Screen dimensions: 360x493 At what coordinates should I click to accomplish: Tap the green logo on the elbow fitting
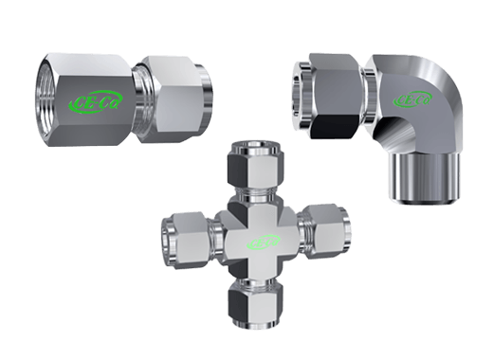[x=414, y=99]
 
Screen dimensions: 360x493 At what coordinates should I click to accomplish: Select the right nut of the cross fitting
[x=322, y=233]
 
